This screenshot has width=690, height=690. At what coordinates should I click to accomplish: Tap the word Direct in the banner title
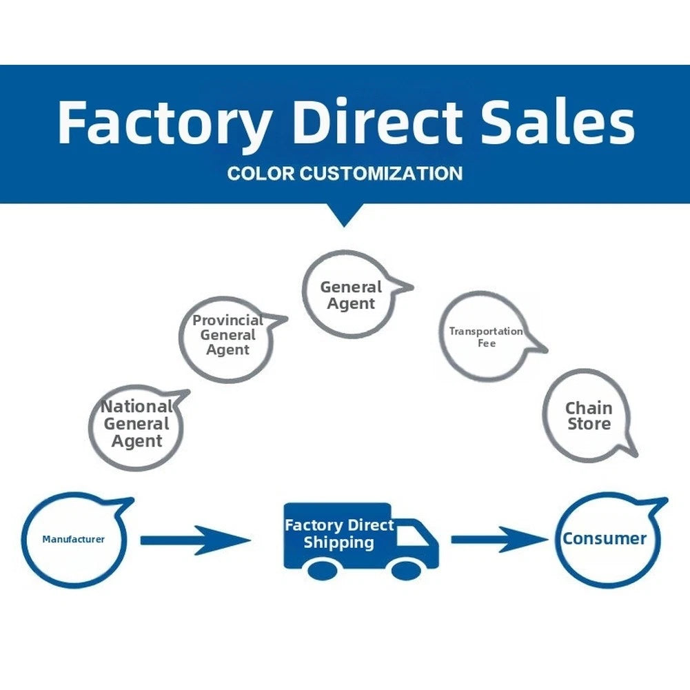pos(377,122)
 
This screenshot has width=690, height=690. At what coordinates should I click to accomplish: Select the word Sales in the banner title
pos(558,122)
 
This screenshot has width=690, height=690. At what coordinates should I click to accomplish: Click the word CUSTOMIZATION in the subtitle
pos(381,173)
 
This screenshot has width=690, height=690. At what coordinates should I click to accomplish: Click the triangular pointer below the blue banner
pos(345,215)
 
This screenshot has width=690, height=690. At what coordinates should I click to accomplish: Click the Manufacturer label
pos(74,539)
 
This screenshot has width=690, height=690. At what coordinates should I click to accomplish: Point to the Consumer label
pos(605,538)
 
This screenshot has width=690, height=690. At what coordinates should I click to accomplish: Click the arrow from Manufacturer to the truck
pos(195,540)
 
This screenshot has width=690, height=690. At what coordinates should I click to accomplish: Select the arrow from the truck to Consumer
pos(500,539)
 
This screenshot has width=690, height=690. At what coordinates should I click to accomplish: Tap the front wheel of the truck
pos(406,571)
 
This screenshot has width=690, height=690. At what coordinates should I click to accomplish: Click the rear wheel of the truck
pos(323,571)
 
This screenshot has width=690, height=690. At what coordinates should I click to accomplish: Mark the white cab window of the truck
pos(412,535)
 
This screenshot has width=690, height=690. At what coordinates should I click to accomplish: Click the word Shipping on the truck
pos(339,542)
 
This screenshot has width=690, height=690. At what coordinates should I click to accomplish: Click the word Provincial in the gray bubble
pos(228,320)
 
